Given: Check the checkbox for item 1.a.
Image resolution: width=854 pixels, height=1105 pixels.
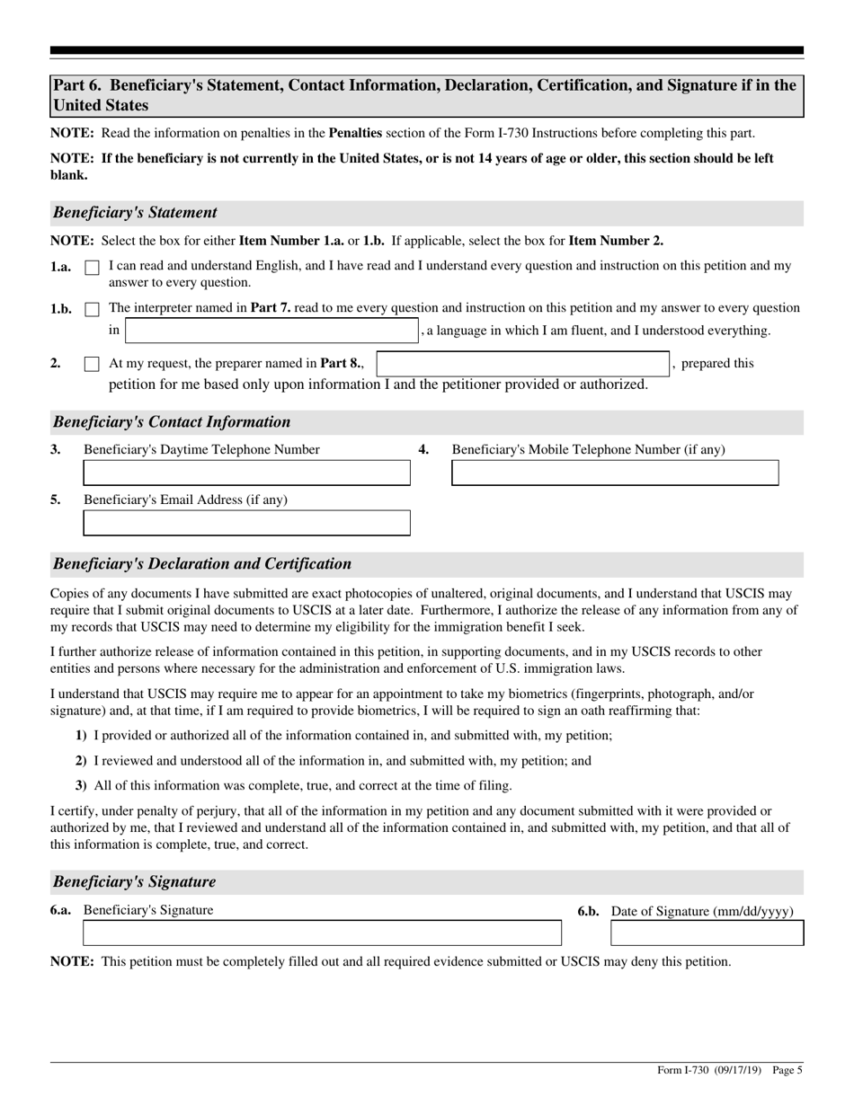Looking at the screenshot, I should tap(92, 268).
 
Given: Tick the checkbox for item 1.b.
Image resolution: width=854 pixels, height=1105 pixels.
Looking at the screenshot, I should tap(92, 309).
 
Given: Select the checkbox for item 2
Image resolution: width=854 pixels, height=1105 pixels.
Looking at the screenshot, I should tap(92, 365).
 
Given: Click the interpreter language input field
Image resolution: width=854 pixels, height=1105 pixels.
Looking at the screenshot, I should tap(271, 331).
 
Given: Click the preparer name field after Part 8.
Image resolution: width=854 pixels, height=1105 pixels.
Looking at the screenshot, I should tap(522, 364).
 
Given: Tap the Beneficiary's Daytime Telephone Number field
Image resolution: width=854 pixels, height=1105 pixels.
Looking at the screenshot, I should tap(246, 473).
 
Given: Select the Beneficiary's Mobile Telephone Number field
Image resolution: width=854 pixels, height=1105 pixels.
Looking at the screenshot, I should tap(615, 473).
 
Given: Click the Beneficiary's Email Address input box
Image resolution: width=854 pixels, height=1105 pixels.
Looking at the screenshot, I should tap(246, 523).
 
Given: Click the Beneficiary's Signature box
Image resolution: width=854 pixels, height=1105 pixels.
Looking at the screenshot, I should tap(322, 933).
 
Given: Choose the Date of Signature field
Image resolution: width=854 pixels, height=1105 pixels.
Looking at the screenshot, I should tap(707, 933).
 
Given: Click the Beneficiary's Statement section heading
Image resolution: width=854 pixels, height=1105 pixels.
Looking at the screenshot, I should tap(135, 213).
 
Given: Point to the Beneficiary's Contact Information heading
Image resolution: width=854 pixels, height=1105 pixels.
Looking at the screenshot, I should tap(172, 422).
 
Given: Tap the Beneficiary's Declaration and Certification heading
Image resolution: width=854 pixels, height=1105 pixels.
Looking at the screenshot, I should tap(202, 564).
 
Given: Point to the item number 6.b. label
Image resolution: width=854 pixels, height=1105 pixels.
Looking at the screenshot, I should tap(589, 912).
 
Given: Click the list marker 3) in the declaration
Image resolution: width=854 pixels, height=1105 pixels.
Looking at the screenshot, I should tap(81, 785).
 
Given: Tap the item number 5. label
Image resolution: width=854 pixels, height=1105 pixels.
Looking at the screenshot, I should tap(56, 499).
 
